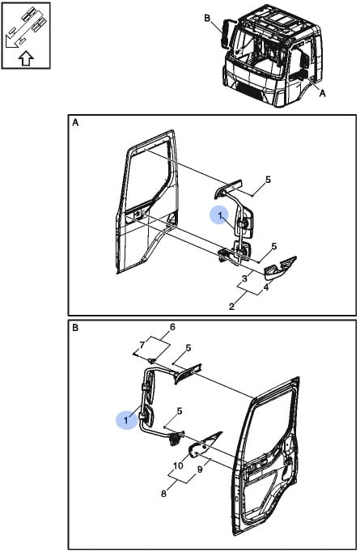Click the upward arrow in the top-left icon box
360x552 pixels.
pyautogui.click(x=26, y=58)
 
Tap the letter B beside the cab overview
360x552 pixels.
pyautogui.click(x=208, y=19)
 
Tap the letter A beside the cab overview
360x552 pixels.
pyautogui.click(x=322, y=94)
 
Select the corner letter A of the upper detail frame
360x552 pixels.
pyautogui.click(x=75, y=123)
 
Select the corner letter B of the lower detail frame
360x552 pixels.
pyautogui.click(x=75, y=328)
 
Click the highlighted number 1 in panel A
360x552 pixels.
pyautogui.click(x=220, y=216)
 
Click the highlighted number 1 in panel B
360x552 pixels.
pyautogui.click(x=125, y=420)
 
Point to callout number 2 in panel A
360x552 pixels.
pyautogui.click(x=231, y=307)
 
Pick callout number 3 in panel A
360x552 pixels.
pyautogui.click(x=244, y=278)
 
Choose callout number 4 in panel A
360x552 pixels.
pyautogui.click(x=266, y=287)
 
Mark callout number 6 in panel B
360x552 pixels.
pyautogui.click(x=172, y=327)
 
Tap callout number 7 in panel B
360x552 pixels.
pyautogui.click(x=142, y=346)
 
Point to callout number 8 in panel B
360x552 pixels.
pyautogui.click(x=163, y=494)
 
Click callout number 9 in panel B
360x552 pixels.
pyautogui.click(x=200, y=469)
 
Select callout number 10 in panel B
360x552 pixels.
pyautogui.click(x=178, y=465)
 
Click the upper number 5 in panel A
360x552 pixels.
pyautogui.click(x=268, y=180)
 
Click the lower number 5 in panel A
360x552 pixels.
pyautogui.click(x=273, y=246)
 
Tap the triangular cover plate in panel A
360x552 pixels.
pyautogui.click(x=280, y=268)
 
